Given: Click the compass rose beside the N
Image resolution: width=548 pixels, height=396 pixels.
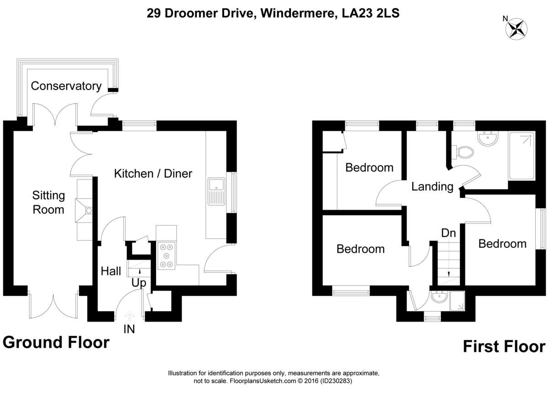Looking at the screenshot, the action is (516, 29).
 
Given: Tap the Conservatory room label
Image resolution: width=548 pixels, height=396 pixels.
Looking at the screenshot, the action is (66, 86).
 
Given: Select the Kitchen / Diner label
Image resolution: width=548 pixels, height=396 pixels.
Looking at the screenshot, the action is (153, 174).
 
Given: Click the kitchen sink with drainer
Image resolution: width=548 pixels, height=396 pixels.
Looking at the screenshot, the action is (216, 191).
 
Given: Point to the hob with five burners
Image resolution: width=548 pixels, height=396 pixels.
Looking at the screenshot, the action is (166, 256).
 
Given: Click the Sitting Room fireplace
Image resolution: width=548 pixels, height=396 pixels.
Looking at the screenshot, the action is (84, 210).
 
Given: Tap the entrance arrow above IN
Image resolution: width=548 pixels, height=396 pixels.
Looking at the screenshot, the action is (129, 316).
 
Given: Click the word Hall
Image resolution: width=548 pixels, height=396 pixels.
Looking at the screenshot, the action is (111, 271).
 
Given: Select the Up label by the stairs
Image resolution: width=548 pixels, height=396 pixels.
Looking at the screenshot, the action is (139, 283).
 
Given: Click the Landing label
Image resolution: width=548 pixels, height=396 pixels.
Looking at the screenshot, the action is (432, 187).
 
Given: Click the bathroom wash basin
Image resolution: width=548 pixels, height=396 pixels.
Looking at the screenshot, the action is (488, 138).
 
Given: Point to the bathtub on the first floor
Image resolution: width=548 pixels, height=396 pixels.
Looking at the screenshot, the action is (522, 156).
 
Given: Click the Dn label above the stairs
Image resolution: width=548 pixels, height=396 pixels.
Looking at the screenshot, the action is (448, 233).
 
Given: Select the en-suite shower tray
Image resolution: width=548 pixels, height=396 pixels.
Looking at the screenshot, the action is (457, 301).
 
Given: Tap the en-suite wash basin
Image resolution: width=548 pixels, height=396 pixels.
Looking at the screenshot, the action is (440, 297).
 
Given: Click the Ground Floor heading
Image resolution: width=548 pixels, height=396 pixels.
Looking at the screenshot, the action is (56, 342).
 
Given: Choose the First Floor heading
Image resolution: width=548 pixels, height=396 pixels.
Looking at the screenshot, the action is (504, 347).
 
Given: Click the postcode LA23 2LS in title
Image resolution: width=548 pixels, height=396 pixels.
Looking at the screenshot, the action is (370, 13).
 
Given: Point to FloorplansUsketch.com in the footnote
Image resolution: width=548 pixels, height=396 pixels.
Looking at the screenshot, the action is (263, 381).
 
